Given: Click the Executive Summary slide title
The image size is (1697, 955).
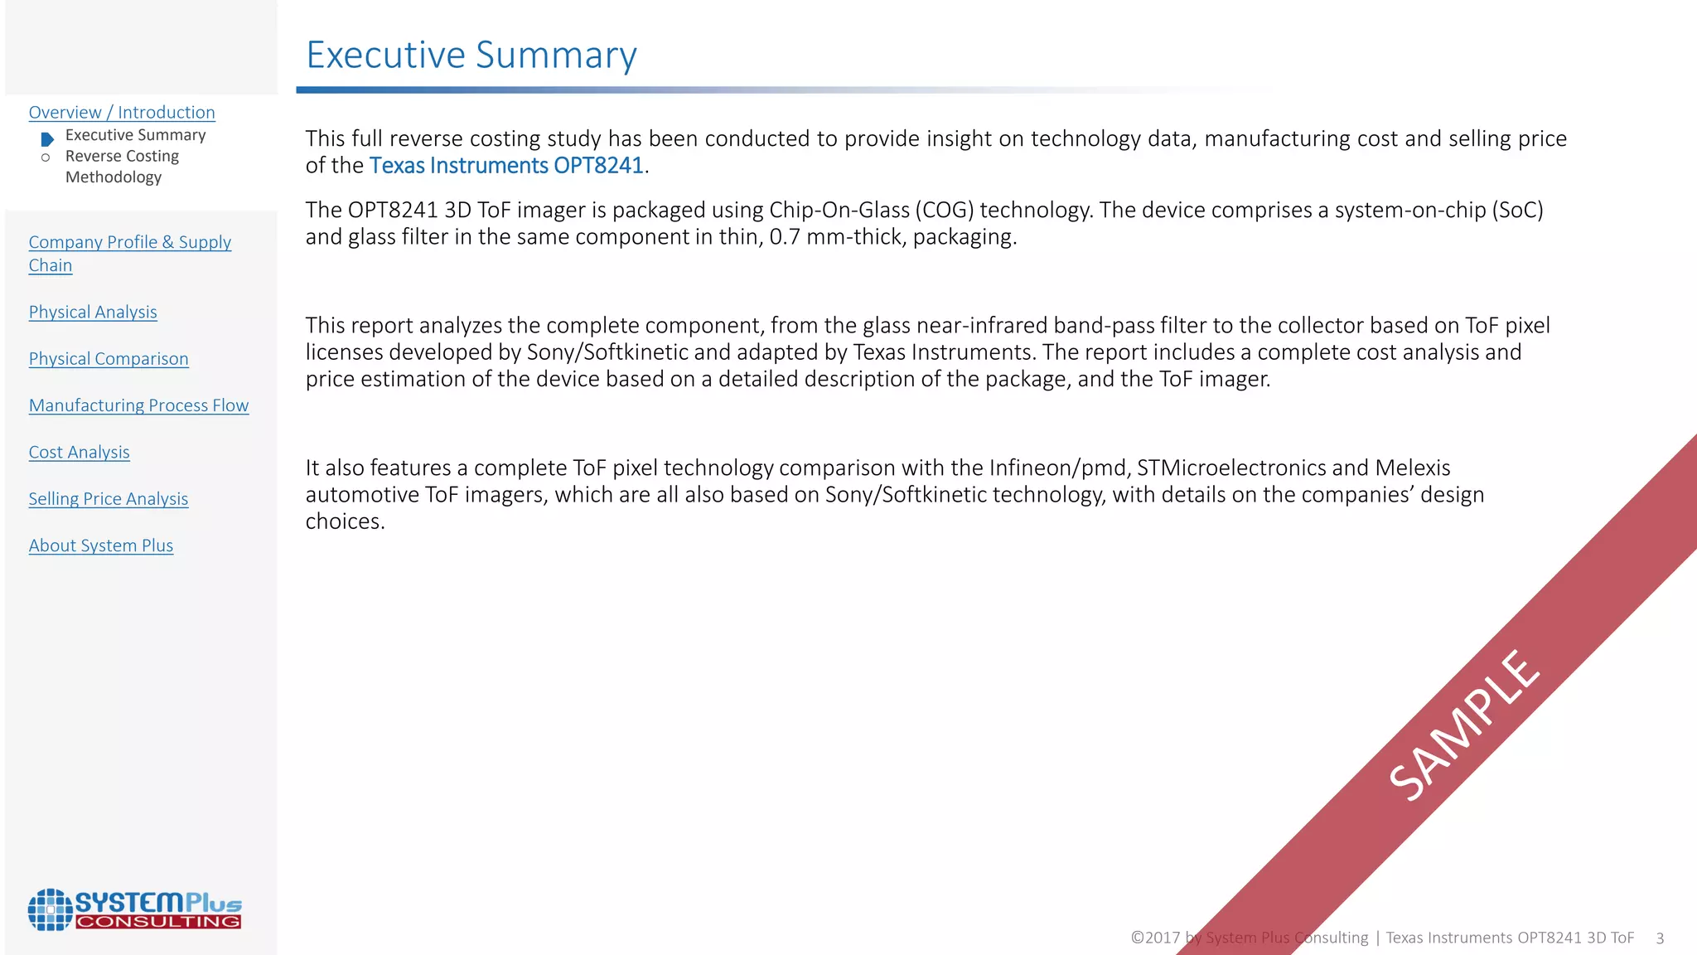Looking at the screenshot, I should pos(471,56).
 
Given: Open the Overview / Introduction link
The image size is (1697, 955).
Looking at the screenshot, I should pos(122,113).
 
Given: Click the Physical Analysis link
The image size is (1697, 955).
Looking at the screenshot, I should pos(93,313).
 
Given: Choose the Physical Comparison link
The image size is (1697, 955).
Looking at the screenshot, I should pos(109,359).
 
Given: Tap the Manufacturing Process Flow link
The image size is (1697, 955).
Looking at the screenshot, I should pos(138,405).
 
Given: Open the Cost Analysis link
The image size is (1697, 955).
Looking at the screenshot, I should pos(79,453).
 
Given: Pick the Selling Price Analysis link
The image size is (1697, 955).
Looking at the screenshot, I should pos(109,499).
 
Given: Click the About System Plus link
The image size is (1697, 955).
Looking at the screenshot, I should pos(101,545).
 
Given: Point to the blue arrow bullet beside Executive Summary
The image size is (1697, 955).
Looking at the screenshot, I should pos(47,139).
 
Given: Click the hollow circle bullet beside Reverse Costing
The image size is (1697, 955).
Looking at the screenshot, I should pos(46,158).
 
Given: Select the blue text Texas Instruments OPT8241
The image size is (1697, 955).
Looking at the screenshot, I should pos(506,166).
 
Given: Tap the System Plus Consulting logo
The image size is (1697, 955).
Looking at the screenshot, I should pos(134,909).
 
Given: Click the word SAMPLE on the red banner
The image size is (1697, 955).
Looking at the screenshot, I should pos(1465,725).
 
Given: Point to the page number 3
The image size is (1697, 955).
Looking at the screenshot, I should pos(1660,938).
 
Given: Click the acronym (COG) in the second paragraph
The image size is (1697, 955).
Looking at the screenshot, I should pos(944,210).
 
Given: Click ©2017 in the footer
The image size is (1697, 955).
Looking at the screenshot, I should pos(1155,938).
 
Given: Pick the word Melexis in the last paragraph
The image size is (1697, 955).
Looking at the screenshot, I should pos(1413,468).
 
